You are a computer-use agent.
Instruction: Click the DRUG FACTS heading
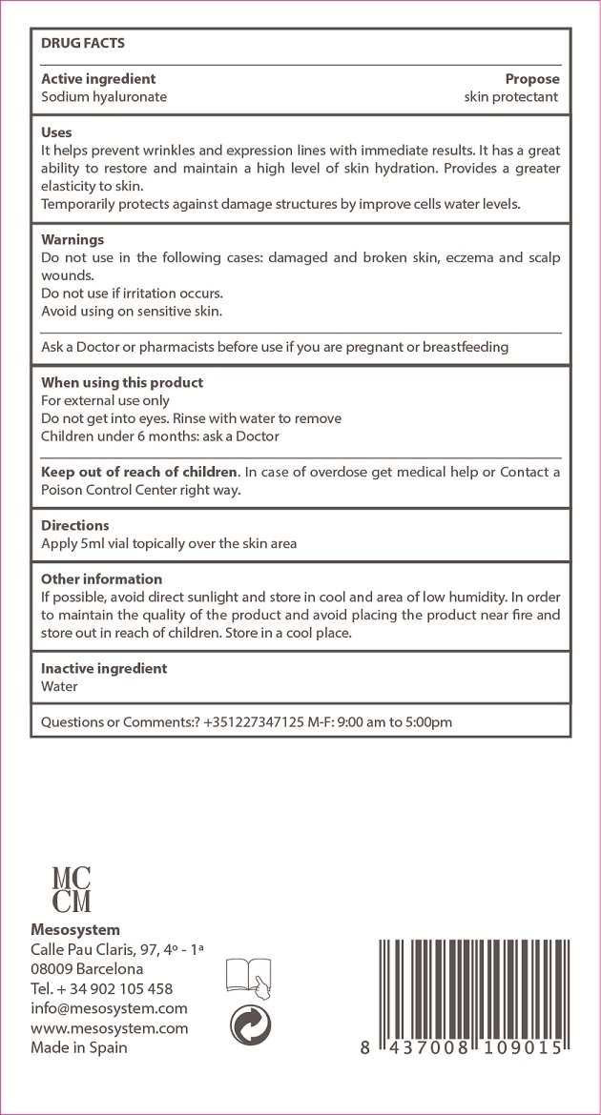pyautogui.click(x=83, y=43)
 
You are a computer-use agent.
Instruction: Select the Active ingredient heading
pyautogui.click(x=98, y=79)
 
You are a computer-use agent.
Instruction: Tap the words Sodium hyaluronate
pyautogui.click(x=104, y=97)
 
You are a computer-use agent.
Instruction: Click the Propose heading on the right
pyautogui.click(x=532, y=79)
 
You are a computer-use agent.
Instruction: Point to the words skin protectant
pyautogui.click(x=511, y=97)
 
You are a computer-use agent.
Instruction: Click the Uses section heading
pyautogui.click(x=56, y=132)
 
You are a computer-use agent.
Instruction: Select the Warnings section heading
pyautogui.click(x=73, y=240)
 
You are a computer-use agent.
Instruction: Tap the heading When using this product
pyautogui.click(x=122, y=383)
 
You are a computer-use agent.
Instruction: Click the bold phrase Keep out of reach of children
pyautogui.click(x=138, y=472)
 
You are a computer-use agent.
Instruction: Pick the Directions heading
pyautogui.click(x=75, y=525)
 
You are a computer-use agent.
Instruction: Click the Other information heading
pyautogui.click(x=101, y=579)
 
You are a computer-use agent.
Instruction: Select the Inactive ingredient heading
pyautogui.click(x=104, y=669)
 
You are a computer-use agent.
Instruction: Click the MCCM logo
pyautogui.click(x=73, y=888)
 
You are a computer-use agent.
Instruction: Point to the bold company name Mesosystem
pyautogui.click(x=75, y=930)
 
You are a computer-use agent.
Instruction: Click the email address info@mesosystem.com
pyautogui.click(x=109, y=1008)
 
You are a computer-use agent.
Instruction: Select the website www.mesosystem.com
pyautogui.click(x=109, y=1028)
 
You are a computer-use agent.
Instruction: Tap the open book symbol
pyautogui.click(x=248, y=976)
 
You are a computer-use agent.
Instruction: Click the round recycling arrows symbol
pyautogui.click(x=250, y=1025)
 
